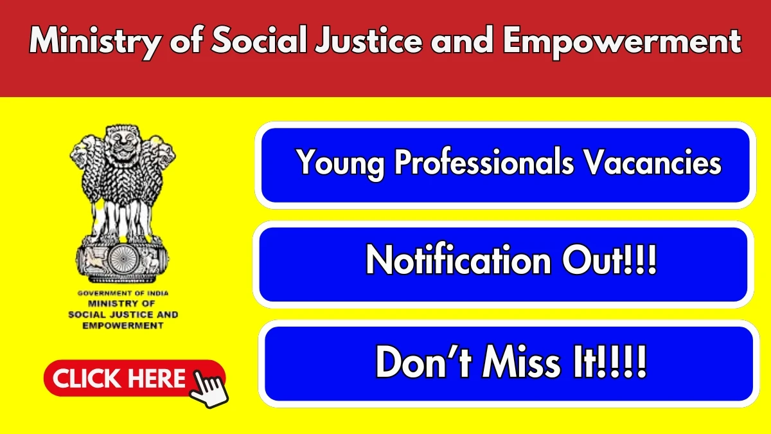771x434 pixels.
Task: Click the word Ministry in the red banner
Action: click(x=95, y=42)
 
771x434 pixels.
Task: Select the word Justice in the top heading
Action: click(x=368, y=40)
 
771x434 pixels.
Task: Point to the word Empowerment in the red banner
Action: click(x=622, y=42)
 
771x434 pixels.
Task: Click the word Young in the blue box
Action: click(x=341, y=164)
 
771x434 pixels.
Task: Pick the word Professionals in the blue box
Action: click(x=484, y=161)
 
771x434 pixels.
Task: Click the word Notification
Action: click(x=458, y=260)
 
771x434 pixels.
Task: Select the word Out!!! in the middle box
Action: click(x=609, y=260)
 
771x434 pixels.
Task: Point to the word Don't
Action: click(x=423, y=361)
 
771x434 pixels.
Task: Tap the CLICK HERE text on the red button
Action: click(x=119, y=379)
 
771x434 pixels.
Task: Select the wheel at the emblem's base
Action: click(x=122, y=259)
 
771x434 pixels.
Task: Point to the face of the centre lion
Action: click(x=123, y=141)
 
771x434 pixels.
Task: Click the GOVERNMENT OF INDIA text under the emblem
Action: click(x=123, y=293)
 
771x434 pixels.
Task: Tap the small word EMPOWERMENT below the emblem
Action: click(x=123, y=325)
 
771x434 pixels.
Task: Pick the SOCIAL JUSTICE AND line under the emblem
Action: click(x=123, y=314)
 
